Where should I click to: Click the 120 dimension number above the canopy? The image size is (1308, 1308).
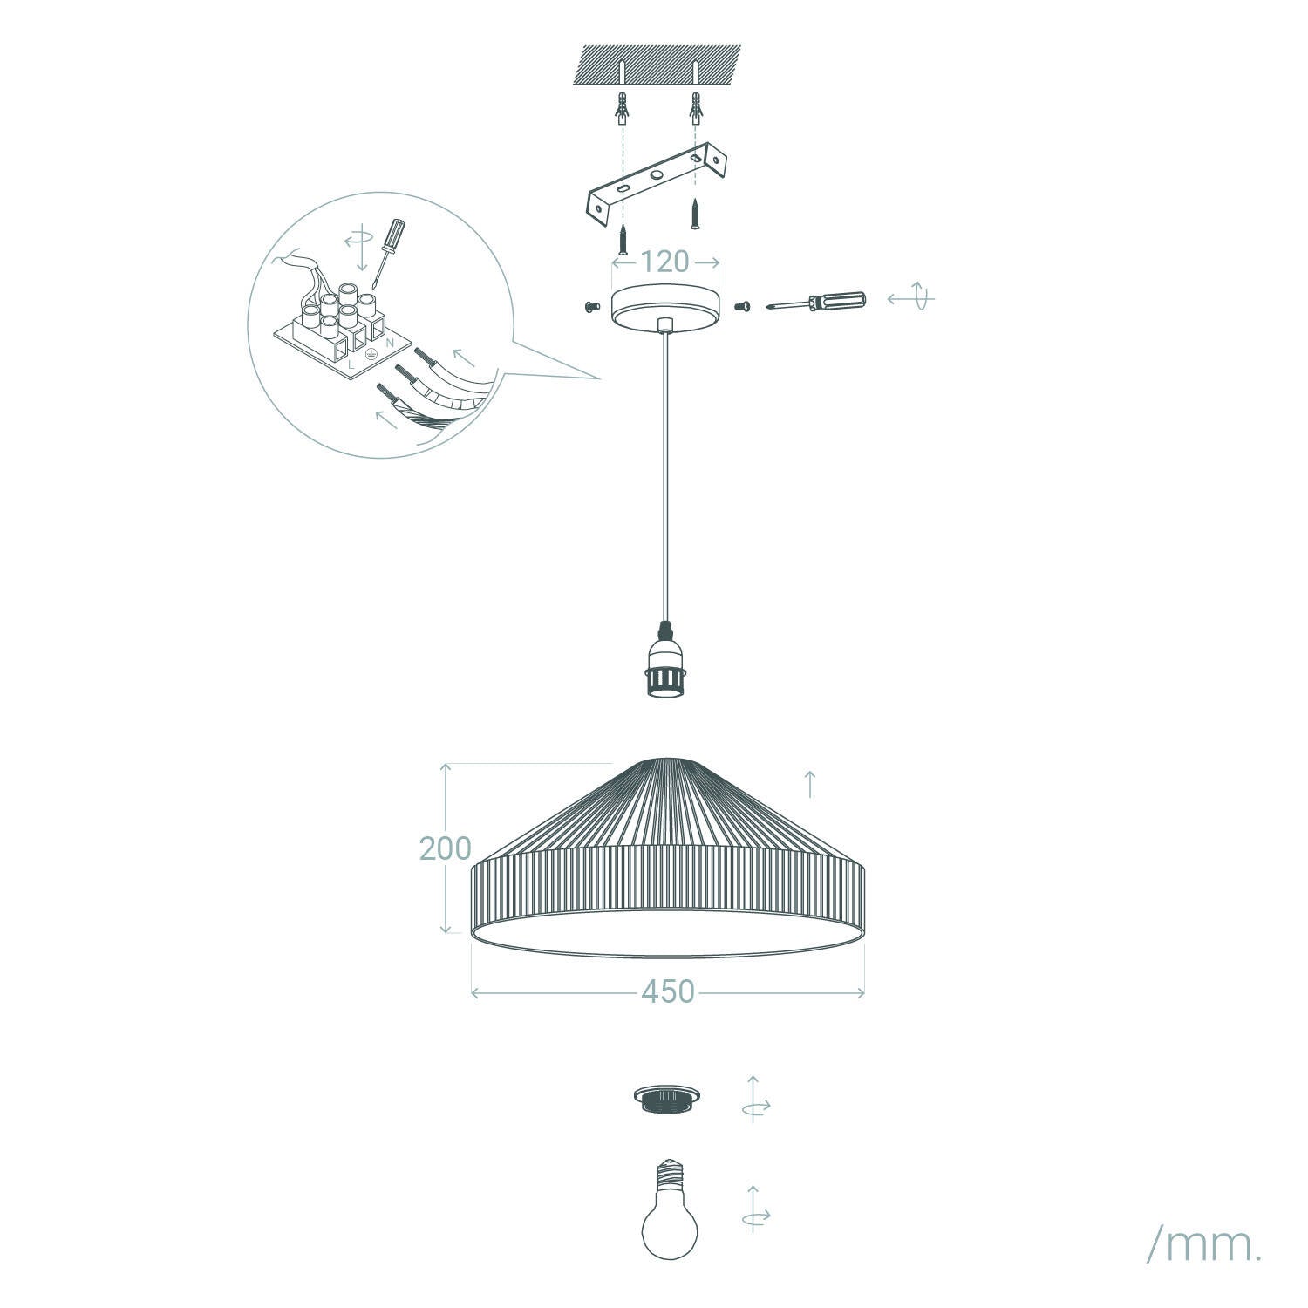tap(664, 262)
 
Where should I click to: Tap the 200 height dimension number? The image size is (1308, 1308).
tap(445, 848)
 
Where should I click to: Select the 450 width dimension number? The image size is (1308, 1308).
tap(668, 992)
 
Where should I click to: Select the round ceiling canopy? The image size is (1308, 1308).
tap(665, 305)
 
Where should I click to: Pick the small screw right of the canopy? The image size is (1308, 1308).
tap(743, 305)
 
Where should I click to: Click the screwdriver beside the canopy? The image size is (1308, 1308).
tap(815, 303)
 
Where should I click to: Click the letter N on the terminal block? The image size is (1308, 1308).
tap(389, 344)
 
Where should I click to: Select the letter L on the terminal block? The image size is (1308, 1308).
tap(351, 366)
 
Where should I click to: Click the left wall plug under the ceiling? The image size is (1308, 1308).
tap(622, 106)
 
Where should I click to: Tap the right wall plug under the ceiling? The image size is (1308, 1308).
tap(695, 106)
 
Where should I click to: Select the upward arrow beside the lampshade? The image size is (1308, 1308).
tap(810, 784)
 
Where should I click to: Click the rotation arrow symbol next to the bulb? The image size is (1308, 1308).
tap(755, 1209)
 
